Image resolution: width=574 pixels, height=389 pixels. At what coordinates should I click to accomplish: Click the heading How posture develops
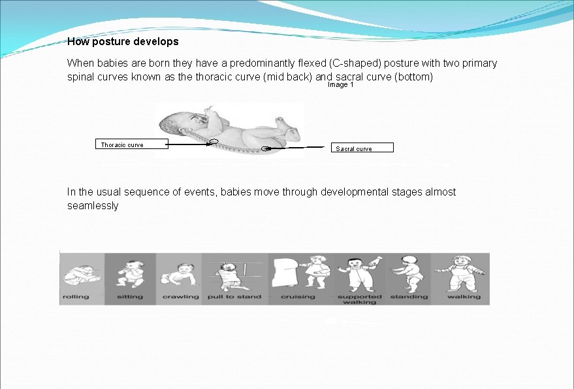click(123, 42)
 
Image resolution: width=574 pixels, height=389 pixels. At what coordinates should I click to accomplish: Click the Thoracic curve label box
click(131, 144)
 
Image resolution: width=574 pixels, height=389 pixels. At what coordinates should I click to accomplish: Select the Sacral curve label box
click(362, 148)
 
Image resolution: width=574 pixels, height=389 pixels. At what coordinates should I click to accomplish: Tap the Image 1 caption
click(340, 85)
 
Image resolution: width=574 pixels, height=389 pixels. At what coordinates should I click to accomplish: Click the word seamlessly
click(93, 206)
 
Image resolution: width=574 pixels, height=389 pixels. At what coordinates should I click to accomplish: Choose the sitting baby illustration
click(130, 273)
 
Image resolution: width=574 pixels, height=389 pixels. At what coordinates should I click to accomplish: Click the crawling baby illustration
click(179, 275)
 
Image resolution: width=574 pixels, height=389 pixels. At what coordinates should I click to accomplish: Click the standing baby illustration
click(409, 273)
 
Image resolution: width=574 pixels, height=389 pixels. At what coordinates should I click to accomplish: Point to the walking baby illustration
click(464, 273)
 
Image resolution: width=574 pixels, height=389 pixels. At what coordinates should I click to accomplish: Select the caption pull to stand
click(234, 297)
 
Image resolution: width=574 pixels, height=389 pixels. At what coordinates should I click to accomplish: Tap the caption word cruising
click(298, 297)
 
